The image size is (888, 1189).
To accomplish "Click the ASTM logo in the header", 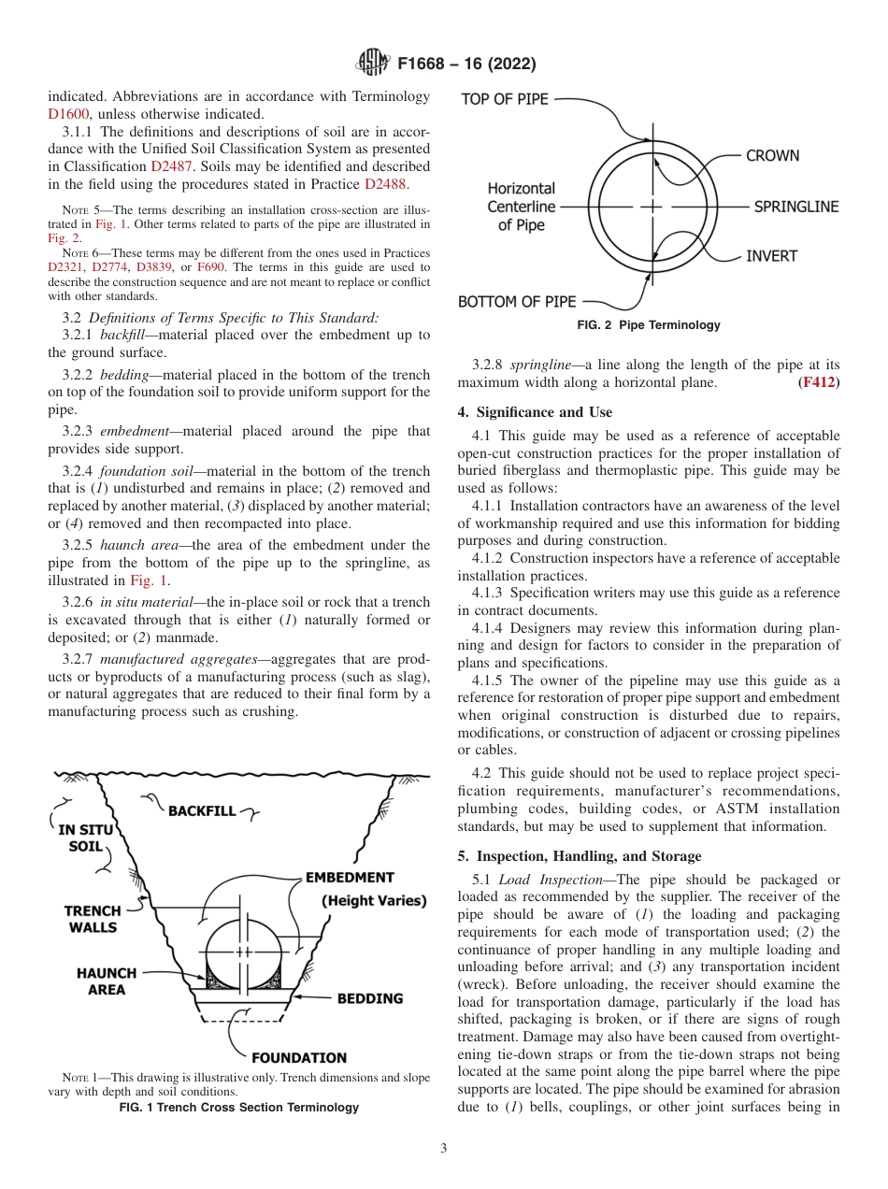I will [374, 64].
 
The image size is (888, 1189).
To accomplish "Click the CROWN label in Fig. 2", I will [772, 156].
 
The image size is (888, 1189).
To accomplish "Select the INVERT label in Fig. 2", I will [772, 256].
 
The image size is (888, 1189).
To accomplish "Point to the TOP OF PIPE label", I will [505, 99].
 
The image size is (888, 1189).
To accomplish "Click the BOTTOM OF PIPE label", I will [517, 302].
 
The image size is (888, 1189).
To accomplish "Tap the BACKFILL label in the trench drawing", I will [202, 811].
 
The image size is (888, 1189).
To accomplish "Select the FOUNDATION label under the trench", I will [299, 1058].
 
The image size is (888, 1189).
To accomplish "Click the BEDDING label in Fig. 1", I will [370, 998].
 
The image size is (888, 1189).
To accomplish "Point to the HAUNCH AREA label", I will [107, 981].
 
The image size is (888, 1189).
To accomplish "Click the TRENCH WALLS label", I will [93, 919].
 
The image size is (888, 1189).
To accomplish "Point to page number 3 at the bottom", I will [444, 1149].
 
